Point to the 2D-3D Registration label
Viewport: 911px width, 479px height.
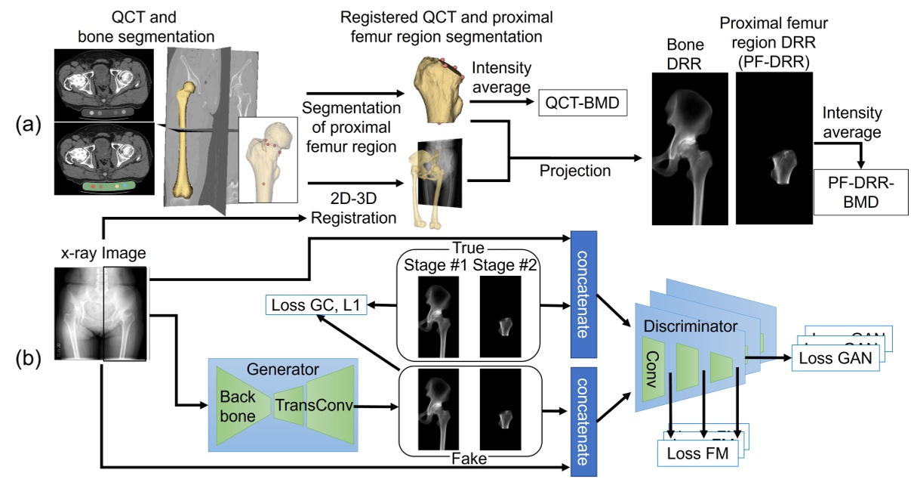pos(353,209)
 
